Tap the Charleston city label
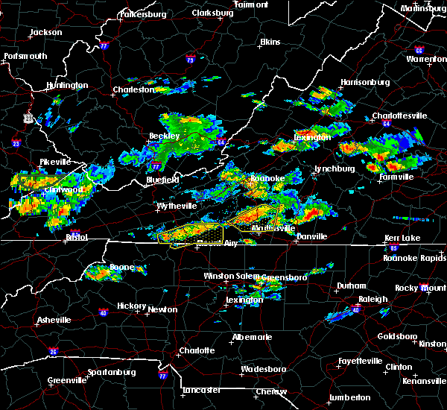pyautogui.click(x=133, y=90)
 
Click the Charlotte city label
pyautogui.click(x=197, y=350)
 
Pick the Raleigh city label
pyautogui.click(x=373, y=299)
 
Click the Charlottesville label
pyautogui.click(x=399, y=116)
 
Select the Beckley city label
pyautogui.click(x=164, y=136)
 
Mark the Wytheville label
pyautogui.click(x=177, y=205)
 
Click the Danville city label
pyautogui.click(x=311, y=236)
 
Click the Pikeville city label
pyautogui.click(x=55, y=162)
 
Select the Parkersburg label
pyautogui.click(x=142, y=14)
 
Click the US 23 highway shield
pyautogui.click(x=28, y=117)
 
